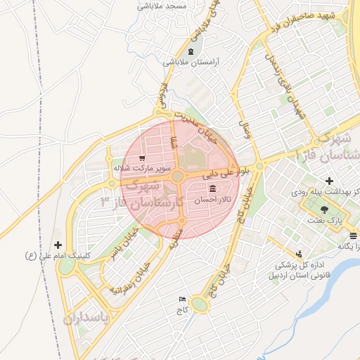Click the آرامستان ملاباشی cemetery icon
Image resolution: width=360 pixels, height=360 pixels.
click(190, 52)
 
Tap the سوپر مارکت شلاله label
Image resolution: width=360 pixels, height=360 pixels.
click(141, 169)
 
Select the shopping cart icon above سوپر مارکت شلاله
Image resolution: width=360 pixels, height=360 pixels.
click(143, 158)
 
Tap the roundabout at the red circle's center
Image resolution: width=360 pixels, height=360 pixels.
click(179, 176)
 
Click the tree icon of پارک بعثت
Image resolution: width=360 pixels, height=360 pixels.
click(323, 209)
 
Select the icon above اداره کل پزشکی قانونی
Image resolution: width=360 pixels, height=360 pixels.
click(300, 254)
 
